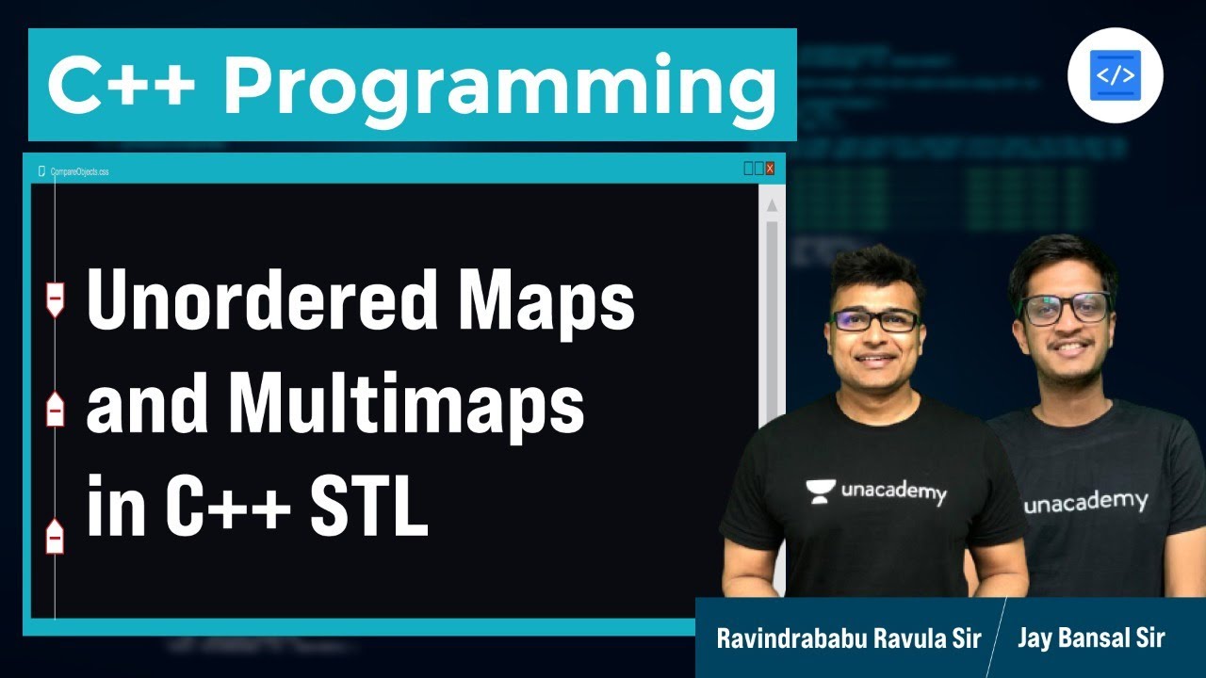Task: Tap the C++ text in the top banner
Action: [122, 85]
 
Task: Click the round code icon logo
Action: [1116, 75]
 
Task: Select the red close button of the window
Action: [770, 169]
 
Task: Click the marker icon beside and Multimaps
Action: [56, 410]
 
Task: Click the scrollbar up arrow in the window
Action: [772, 205]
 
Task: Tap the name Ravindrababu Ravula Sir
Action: [848, 638]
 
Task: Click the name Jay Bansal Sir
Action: [1091, 638]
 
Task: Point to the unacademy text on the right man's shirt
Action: [1085, 502]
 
